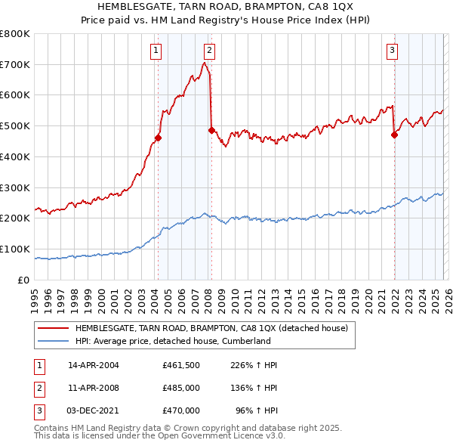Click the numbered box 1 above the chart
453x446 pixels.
[156, 51]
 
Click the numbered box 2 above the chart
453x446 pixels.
[209, 51]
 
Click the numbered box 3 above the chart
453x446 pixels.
[393, 51]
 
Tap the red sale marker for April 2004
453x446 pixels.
[158, 138]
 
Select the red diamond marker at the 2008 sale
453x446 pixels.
[211, 130]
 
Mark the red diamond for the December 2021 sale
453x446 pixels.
[394, 135]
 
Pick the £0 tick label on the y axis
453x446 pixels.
[24, 280]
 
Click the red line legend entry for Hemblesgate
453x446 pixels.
[211, 329]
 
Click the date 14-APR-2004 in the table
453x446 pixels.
[94, 365]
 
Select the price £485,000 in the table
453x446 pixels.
[181, 388]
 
